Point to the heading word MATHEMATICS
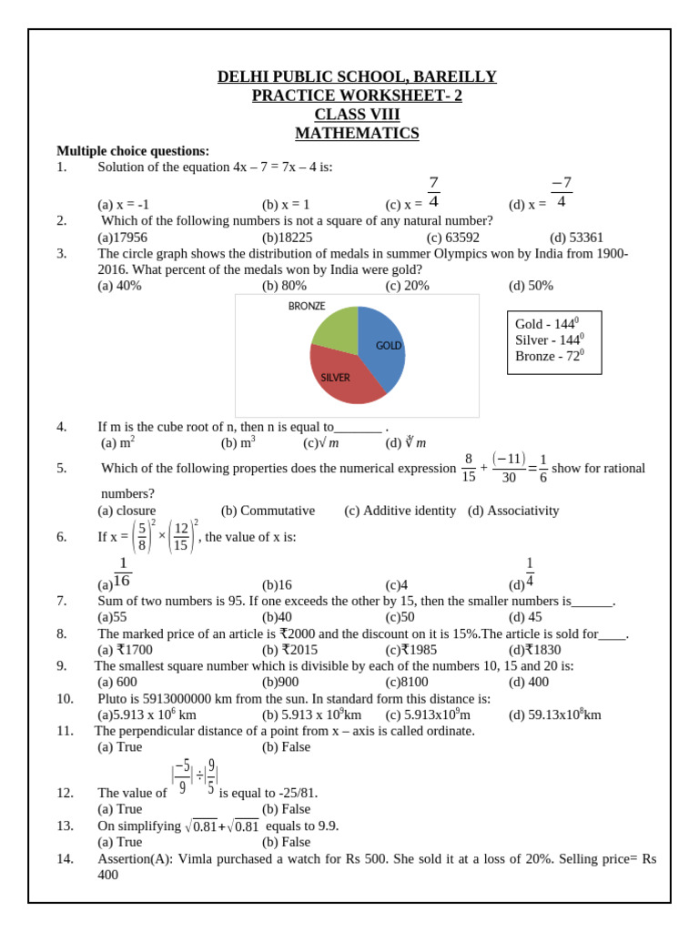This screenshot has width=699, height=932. tap(357, 134)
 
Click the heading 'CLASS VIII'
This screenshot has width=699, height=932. tap(357, 115)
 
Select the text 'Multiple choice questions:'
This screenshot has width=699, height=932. tap(133, 151)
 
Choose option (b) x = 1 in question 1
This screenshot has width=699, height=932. tap(286, 205)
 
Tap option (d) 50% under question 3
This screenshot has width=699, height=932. tap(531, 286)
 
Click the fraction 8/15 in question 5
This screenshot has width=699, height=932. tap(469, 468)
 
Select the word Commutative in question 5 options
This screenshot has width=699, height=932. tap(268, 511)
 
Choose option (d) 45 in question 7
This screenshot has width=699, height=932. tap(525, 617)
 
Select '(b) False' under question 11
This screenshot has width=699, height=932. tap(286, 747)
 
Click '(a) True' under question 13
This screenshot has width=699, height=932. tap(119, 842)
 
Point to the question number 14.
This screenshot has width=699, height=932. tap(65, 858)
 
